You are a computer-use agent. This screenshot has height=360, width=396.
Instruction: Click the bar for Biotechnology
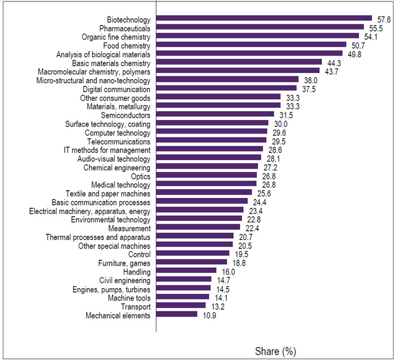point(264,19)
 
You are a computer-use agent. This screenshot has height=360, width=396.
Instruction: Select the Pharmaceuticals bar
point(260,28)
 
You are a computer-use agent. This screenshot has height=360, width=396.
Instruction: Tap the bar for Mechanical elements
point(177,315)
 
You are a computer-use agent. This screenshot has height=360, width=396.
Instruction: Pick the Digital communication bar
point(226,89)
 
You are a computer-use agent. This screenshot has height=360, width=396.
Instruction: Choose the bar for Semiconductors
point(215,115)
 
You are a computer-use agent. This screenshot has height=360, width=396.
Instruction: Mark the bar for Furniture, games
point(191,263)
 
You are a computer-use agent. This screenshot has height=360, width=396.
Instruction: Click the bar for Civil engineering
point(183,280)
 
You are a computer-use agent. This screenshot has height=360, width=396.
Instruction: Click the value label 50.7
point(357,45)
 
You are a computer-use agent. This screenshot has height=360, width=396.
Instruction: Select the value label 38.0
point(309,80)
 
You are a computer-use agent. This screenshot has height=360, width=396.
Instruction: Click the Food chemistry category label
point(127,45)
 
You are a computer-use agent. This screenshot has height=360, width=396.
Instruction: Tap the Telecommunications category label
point(120,141)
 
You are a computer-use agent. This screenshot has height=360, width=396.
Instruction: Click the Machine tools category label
point(129,298)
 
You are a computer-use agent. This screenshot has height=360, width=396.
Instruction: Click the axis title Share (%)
point(276,351)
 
